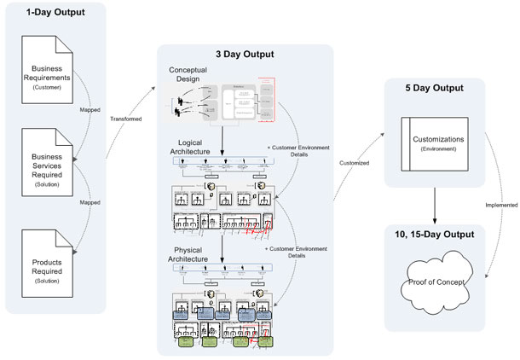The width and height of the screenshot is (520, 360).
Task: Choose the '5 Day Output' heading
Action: [x=436, y=88]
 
